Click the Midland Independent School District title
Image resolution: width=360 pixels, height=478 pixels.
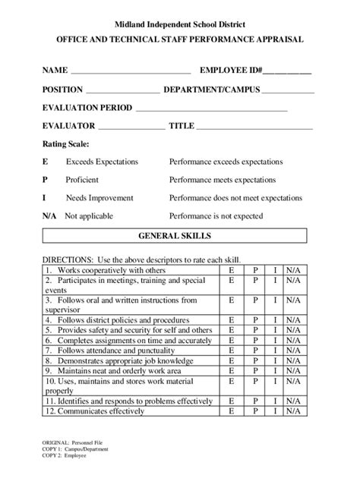(x=179, y=26)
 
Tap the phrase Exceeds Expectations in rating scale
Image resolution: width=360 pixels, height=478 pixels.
(x=102, y=162)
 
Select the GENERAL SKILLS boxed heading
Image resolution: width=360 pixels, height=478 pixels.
(x=180, y=236)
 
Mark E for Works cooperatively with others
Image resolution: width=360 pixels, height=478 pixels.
(x=229, y=270)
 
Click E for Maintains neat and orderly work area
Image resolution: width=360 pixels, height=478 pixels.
(x=229, y=372)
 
